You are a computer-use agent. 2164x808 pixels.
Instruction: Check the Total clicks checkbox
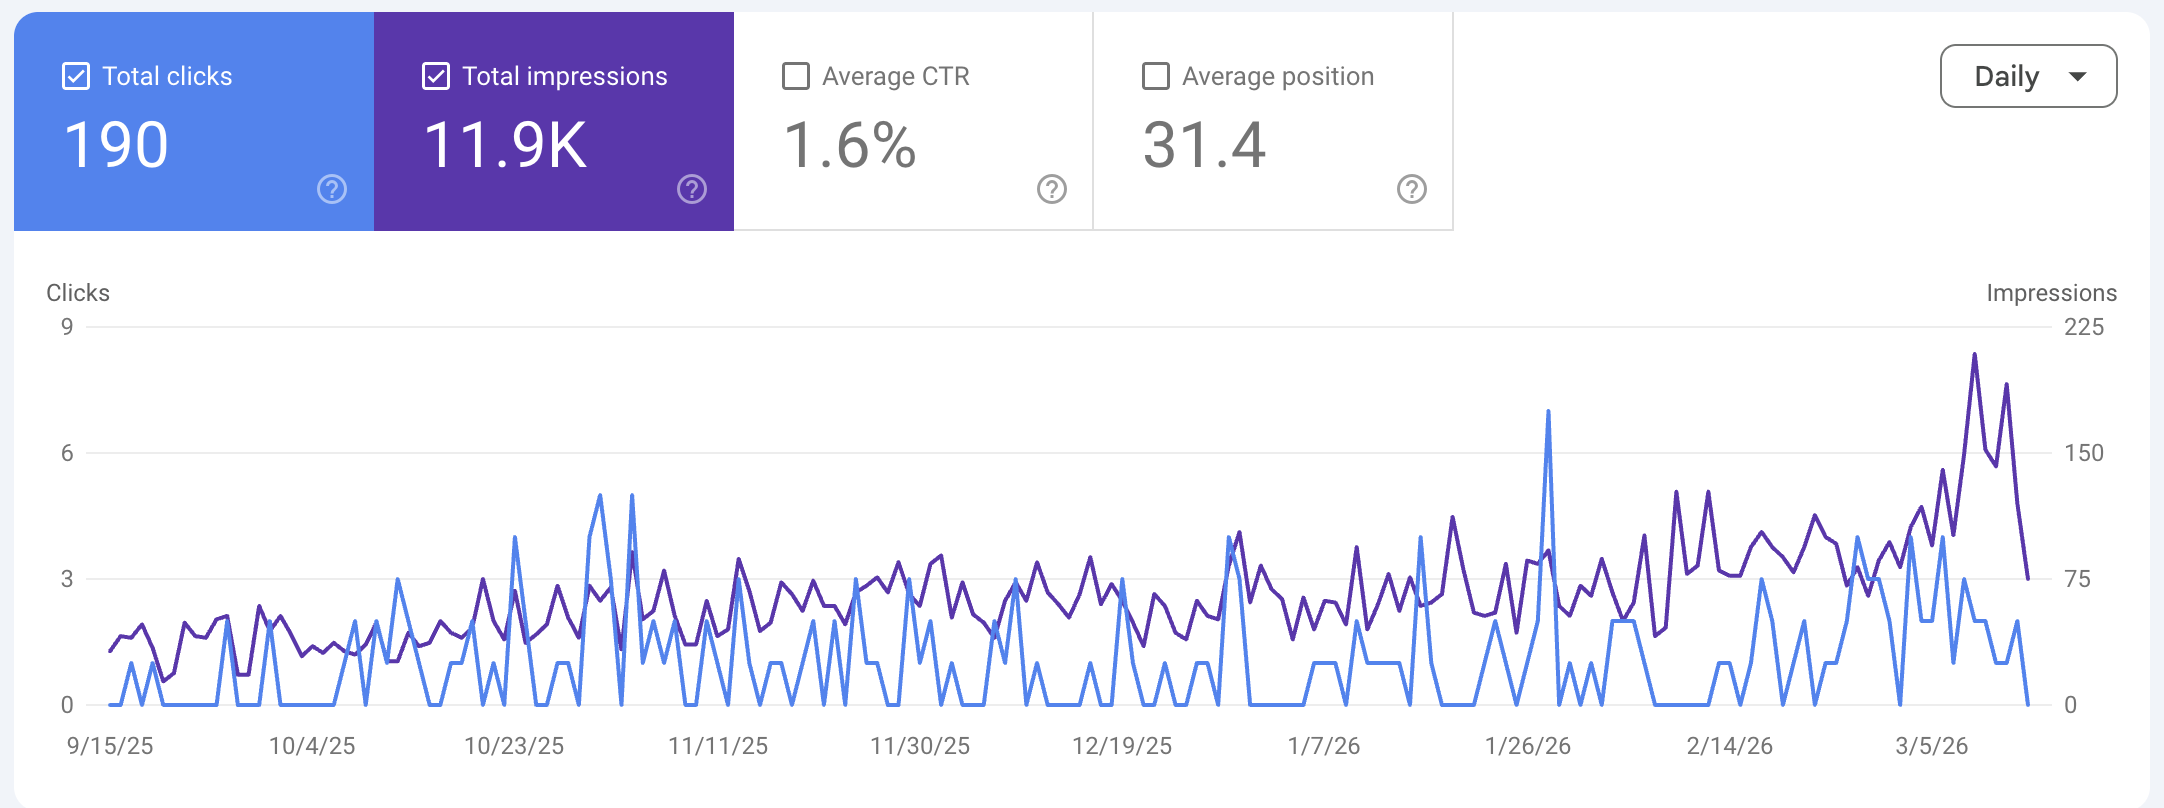[76, 76]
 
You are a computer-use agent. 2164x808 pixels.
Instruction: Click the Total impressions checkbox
[436, 76]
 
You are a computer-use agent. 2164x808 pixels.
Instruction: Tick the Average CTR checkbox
[796, 76]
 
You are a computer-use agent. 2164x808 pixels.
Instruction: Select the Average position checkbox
[1156, 76]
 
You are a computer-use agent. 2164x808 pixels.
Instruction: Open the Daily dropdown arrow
[2077, 76]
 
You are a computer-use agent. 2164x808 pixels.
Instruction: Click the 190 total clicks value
[116, 145]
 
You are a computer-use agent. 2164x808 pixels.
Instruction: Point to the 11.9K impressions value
[505, 145]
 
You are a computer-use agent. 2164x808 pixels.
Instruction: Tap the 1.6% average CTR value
[849, 145]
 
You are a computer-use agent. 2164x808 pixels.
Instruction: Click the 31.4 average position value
[1204, 145]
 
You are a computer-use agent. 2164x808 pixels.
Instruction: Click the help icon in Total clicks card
[332, 189]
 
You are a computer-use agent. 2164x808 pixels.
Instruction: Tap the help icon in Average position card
[1412, 189]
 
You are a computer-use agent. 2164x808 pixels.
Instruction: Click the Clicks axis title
[78, 293]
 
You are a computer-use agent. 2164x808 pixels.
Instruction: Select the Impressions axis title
[2051, 293]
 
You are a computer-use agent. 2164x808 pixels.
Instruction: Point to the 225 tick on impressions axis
[2084, 327]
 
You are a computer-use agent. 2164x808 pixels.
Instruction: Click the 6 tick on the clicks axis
[67, 453]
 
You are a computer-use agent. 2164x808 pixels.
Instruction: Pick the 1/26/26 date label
[1527, 746]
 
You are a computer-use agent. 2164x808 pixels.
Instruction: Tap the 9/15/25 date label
[110, 746]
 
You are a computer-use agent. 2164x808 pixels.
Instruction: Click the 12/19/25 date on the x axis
[1122, 746]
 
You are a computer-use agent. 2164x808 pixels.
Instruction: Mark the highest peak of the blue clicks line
[1548, 412]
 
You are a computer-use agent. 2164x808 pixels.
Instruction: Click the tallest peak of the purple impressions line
[1974, 354]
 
